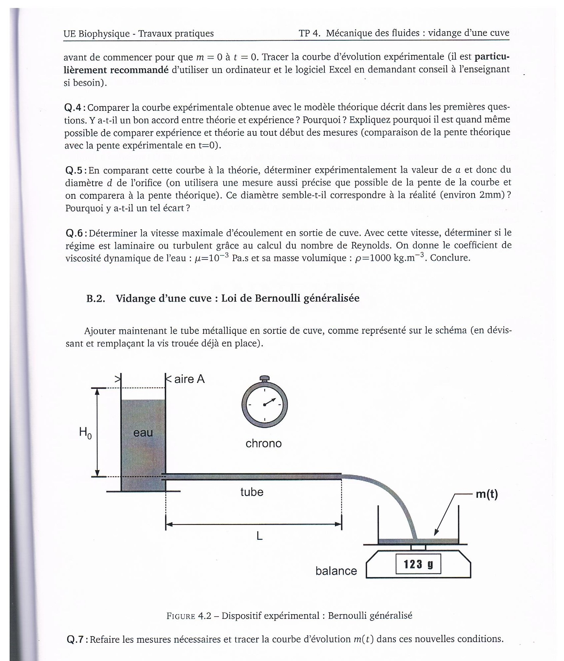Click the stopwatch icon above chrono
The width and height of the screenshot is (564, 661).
click(x=264, y=405)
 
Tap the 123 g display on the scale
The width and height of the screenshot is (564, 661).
click(x=418, y=564)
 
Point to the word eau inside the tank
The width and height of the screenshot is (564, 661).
click(x=143, y=433)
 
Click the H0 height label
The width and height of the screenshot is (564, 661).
click(x=85, y=433)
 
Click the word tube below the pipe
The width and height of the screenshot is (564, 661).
click(x=252, y=492)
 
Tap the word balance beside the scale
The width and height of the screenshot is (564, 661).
click(x=336, y=571)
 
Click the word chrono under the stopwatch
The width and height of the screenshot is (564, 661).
click(x=263, y=443)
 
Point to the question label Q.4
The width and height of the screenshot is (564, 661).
click(x=75, y=108)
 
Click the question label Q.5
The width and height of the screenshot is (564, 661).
click(x=76, y=170)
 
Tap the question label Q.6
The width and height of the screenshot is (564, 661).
click(x=76, y=233)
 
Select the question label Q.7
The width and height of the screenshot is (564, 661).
click(x=77, y=639)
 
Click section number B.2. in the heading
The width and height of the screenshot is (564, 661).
click(x=96, y=298)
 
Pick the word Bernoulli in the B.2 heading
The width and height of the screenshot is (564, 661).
click(x=272, y=298)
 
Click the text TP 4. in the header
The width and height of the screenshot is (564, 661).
click(x=310, y=33)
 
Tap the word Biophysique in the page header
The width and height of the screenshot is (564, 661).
click(x=104, y=34)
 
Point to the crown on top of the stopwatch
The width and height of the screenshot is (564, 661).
click(x=264, y=378)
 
